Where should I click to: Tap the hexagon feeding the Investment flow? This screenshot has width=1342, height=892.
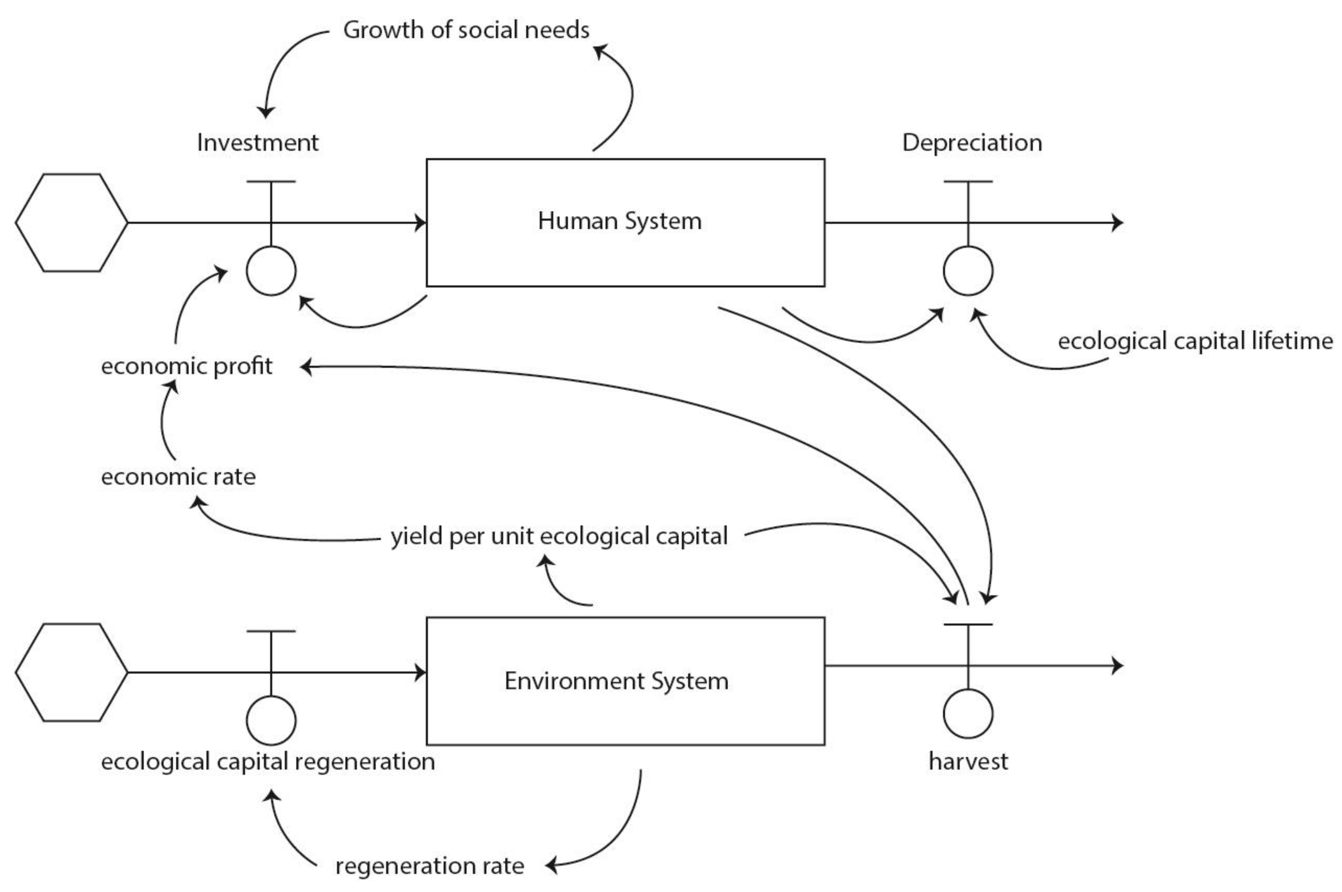tap(72, 223)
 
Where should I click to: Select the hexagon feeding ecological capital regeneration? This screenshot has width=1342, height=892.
tap(72, 672)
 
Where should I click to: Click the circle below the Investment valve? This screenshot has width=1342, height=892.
tap(271, 271)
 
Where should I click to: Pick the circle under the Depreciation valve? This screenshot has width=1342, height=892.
tap(968, 271)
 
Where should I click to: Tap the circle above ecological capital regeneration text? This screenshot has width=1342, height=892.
tap(271, 720)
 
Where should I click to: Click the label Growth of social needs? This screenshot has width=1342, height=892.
tap(466, 30)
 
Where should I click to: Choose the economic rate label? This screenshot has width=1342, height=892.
tap(178, 477)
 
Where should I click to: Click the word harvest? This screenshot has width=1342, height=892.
tap(968, 761)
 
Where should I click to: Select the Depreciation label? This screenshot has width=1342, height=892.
tap(971, 142)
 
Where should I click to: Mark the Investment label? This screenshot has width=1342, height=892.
tap(257, 142)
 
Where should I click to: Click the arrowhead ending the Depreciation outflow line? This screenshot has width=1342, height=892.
tap(1117, 223)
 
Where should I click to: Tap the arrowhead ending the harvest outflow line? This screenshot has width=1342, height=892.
tap(1117, 666)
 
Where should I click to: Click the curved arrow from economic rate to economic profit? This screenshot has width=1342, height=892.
tap(163, 421)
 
